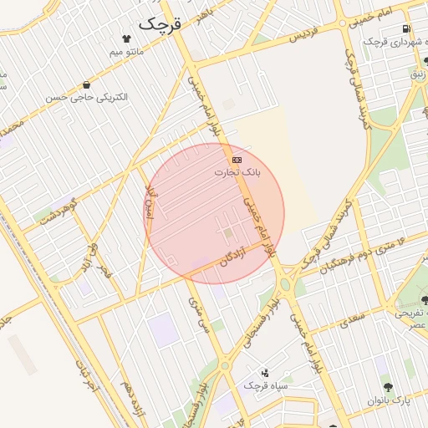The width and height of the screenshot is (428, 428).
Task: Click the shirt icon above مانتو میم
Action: [x=127, y=38]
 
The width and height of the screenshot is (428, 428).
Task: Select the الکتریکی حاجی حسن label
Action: [x=97, y=98]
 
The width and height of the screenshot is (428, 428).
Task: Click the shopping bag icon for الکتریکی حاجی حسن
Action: [x=87, y=84]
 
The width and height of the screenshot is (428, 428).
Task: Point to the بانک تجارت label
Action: [x=237, y=173]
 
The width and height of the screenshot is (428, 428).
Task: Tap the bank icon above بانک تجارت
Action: [x=237, y=159]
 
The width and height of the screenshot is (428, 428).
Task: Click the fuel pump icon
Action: [x=406, y=28]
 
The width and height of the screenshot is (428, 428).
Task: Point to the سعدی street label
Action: [x=354, y=318]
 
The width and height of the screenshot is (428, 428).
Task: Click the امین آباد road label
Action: [x=150, y=203]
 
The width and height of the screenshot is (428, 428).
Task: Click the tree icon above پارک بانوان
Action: [x=388, y=387]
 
